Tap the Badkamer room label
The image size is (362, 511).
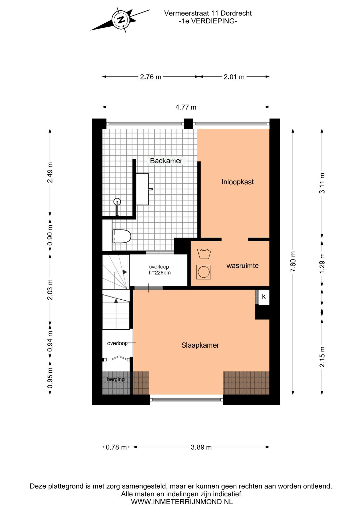click(x=166, y=161)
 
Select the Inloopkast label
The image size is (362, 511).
click(x=238, y=182)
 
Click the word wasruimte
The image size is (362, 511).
click(x=242, y=266)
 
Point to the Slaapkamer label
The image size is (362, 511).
click(x=200, y=345)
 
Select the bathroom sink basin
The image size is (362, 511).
click(x=143, y=189)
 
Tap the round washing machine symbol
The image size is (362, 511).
click(x=204, y=272)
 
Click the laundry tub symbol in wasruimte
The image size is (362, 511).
click(x=204, y=254)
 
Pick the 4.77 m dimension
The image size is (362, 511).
click(x=186, y=107)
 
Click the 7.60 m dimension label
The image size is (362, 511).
click(x=293, y=261)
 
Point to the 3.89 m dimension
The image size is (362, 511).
click(x=201, y=447)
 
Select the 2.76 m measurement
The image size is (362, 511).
click(x=151, y=77)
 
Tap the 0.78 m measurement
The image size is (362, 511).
click(x=116, y=447)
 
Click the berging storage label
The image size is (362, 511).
click(x=116, y=379)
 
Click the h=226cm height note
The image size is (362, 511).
click(x=160, y=273)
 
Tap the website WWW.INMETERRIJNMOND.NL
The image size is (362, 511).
click(x=182, y=502)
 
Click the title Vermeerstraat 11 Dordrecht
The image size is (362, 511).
click(x=208, y=13)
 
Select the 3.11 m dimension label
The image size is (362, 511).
click(x=322, y=183)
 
